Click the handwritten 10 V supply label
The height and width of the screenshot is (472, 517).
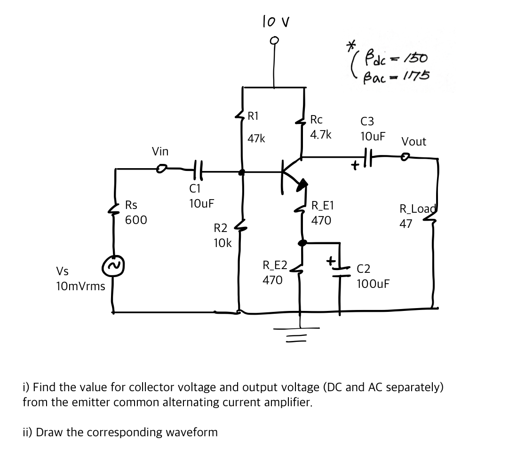coord(275,22)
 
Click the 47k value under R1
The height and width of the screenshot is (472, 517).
coord(256,139)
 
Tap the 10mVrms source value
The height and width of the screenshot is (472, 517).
coord(80,286)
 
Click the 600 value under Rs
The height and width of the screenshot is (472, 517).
coord(136,220)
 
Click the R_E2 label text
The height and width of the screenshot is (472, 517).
coord(275,265)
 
